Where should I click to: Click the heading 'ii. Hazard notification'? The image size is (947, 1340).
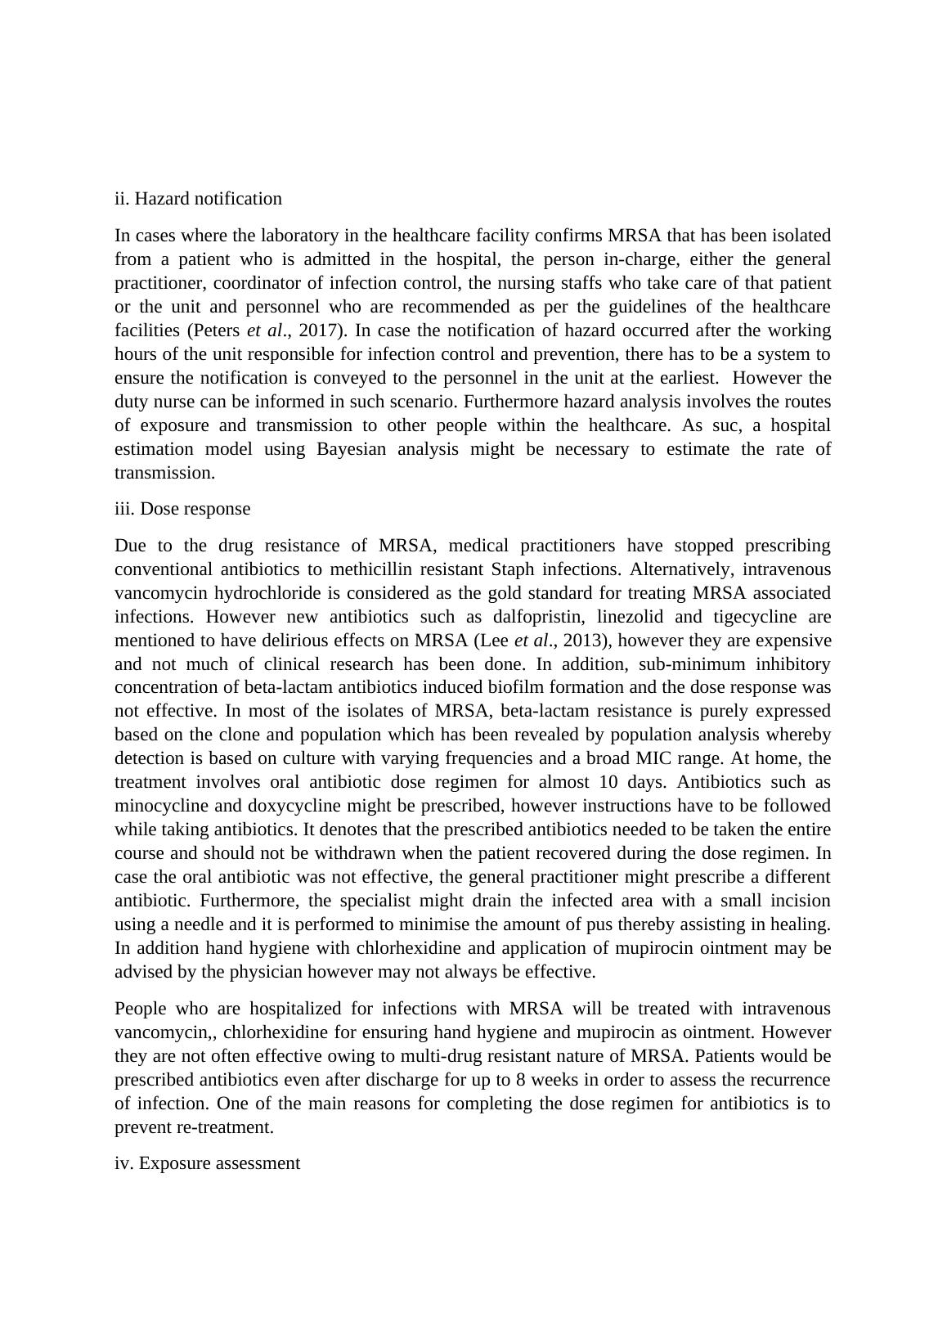pos(198,199)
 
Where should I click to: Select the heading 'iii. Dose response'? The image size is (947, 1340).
pos(182,509)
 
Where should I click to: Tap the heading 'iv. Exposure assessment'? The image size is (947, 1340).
pos(207,1163)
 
